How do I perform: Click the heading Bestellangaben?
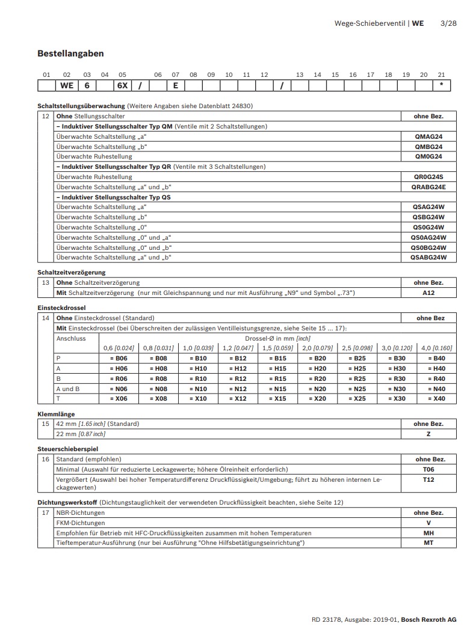coord(70,53)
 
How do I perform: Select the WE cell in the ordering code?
coord(66,85)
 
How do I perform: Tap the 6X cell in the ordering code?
coord(122,85)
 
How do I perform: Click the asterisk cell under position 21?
coord(442,85)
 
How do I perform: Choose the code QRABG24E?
coord(428,187)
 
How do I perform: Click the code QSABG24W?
coord(428,257)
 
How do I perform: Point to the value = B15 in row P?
coord(279,358)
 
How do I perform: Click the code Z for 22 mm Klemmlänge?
coord(428,434)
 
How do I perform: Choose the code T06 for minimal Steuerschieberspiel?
coord(428,469)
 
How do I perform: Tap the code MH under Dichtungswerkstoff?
coord(428,533)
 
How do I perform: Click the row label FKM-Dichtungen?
coord(80,523)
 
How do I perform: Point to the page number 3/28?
coord(448,23)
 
